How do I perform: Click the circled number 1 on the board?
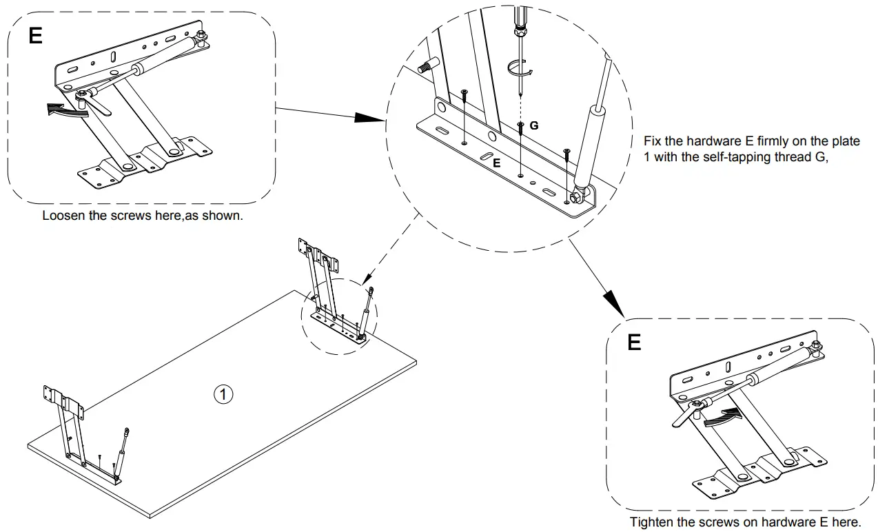[223, 394]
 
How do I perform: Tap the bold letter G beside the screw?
[534, 126]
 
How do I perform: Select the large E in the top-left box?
[35, 37]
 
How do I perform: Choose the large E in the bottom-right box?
[635, 342]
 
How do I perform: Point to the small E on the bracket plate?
[496, 163]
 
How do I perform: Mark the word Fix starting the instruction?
[651, 141]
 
